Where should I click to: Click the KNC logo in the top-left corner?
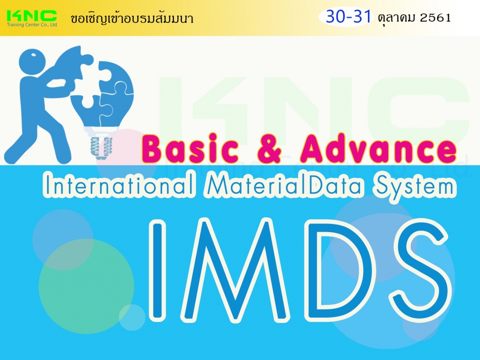pyautogui.click(x=31, y=17)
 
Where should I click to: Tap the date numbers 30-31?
pyautogui.click(x=348, y=17)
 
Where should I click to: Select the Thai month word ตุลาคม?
pyautogui.click(x=396, y=18)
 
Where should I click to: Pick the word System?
pyautogui.click(x=409, y=186)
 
